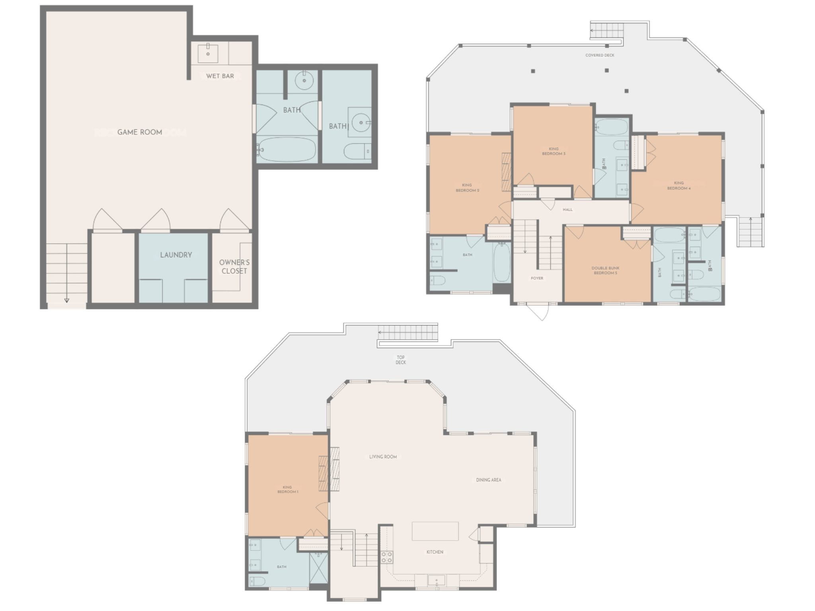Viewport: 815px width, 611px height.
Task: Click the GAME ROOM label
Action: coord(140,132)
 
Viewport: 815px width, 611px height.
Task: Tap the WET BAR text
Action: coord(220,76)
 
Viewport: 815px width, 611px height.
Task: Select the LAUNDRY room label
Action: coord(176,255)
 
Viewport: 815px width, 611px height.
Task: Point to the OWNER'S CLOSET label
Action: coord(234,267)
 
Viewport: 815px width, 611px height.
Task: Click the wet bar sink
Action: coord(208,54)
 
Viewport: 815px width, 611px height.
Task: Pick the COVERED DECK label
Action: coord(600,55)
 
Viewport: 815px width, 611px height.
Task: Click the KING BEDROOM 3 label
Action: coord(554,151)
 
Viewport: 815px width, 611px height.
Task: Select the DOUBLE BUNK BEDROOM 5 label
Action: coord(605,270)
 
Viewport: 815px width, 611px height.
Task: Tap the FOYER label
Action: coord(537,278)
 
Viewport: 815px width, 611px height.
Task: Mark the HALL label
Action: coord(567,210)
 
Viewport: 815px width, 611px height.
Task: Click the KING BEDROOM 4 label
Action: coord(679,186)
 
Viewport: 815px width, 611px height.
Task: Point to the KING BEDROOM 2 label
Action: coord(467,188)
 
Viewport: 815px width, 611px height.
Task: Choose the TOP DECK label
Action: coord(401,360)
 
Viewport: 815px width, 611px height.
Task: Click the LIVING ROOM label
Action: coord(383,457)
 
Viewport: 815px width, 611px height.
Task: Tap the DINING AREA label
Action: coord(489,480)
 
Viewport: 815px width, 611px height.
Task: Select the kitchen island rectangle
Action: coord(435,531)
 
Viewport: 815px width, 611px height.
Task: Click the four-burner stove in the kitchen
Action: coord(387,557)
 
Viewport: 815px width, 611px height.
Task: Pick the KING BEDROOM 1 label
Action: coord(287,489)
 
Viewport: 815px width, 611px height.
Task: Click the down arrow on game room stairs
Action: coord(67,300)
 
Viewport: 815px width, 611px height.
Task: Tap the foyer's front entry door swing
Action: coord(539,312)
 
